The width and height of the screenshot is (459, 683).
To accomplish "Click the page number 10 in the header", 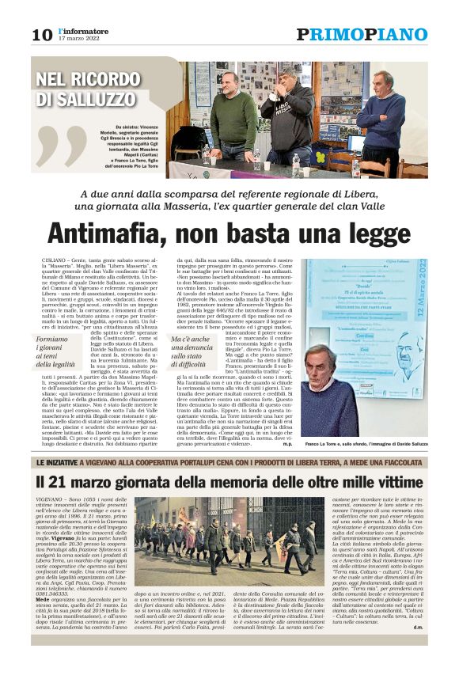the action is click(42, 35).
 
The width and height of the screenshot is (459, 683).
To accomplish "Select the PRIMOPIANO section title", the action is click(362, 34).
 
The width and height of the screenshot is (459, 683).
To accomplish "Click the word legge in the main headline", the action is click(369, 233).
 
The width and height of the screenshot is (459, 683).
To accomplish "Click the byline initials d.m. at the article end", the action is click(418, 650).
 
